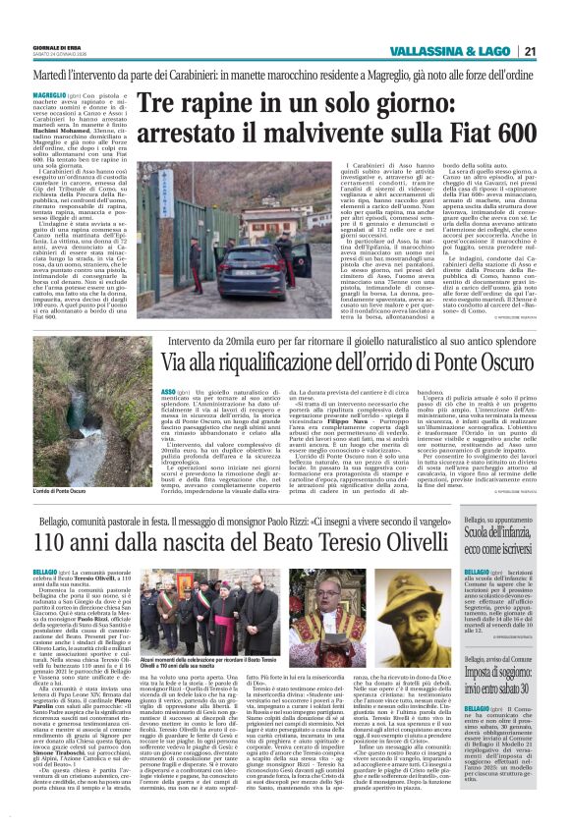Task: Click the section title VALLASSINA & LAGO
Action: [x=459, y=52]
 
